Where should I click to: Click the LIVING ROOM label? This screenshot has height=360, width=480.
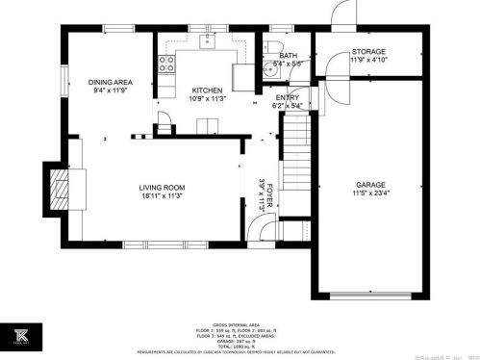point(161,188)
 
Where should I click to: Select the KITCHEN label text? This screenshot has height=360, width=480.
point(207,90)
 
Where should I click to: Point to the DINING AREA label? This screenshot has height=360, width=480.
point(110,83)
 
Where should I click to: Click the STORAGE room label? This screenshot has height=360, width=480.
point(368,51)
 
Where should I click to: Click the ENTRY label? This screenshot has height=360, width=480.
point(287,98)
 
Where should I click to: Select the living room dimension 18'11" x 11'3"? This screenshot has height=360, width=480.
point(161,197)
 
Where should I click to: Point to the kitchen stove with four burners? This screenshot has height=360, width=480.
point(166,65)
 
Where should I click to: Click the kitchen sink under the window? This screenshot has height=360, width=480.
point(207,42)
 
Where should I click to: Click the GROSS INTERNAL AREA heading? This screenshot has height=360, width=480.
point(240,326)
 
